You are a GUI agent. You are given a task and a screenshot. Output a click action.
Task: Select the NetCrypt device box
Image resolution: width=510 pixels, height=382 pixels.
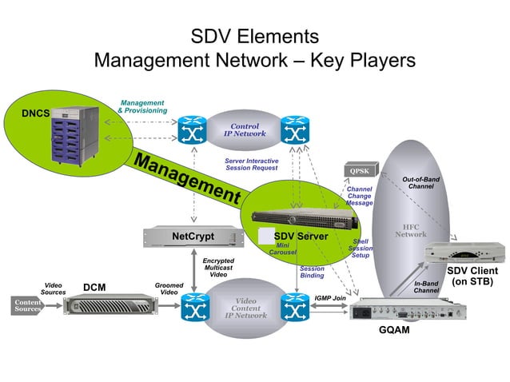click(x=193, y=237)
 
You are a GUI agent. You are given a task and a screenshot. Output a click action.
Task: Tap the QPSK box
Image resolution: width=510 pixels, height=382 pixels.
click(x=358, y=170)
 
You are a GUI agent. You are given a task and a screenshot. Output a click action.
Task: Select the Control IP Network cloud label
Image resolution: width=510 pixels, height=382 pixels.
click(x=245, y=131)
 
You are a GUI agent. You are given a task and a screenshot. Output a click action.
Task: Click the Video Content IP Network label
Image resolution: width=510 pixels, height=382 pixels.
click(x=245, y=308)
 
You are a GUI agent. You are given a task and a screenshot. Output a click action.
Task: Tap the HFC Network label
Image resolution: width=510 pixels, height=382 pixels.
click(x=410, y=229)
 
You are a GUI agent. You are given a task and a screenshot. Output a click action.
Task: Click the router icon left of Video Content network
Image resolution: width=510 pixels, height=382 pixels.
click(x=194, y=306)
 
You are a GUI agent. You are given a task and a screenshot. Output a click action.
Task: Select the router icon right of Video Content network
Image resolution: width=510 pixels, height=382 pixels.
click(x=293, y=306)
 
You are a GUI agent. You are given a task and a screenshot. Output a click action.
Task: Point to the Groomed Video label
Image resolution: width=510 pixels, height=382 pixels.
click(x=169, y=288)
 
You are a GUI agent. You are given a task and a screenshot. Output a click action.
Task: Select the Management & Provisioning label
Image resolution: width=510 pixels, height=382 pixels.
click(x=142, y=106)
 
